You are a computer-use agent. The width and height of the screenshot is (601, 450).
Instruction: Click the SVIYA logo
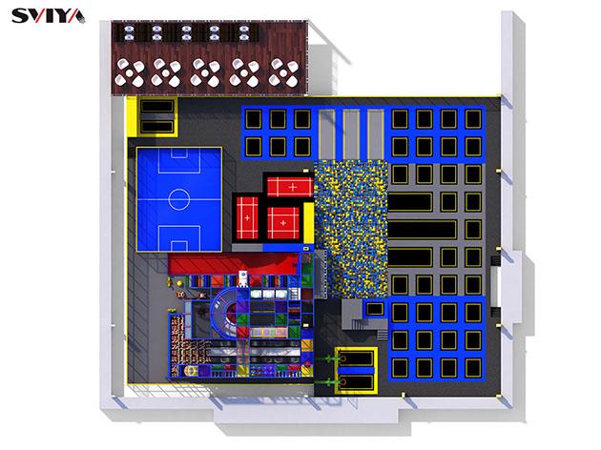(x=49, y=16)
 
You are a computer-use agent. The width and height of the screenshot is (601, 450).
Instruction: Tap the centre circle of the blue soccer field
(x=179, y=199)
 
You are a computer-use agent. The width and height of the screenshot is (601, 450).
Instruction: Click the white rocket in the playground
(x=243, y=278)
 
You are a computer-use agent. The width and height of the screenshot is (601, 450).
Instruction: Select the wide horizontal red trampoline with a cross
(x=290, y=187)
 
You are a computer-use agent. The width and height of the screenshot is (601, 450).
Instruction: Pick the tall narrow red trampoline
(x=247, y=217)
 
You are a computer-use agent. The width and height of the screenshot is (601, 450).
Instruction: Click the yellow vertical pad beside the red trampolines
(x=308, y=223)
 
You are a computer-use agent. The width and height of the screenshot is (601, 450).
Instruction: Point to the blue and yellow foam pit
(x=351, y=229)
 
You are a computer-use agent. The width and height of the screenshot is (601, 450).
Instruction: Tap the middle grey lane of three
(x=351, y=134)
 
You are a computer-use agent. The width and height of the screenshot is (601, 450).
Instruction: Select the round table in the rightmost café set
(x=283, y=72)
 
